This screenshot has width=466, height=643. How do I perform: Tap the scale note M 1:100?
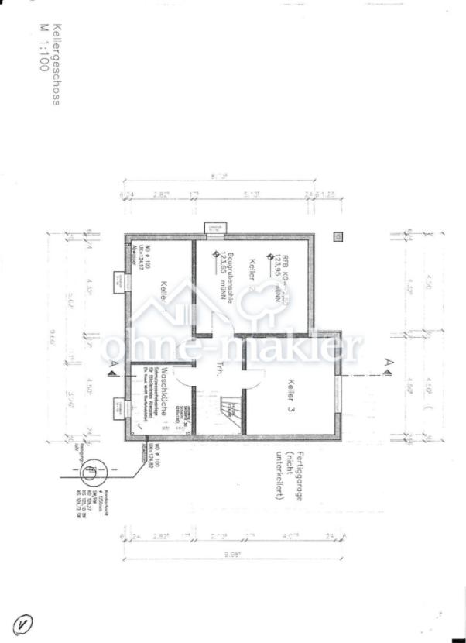tap(43, 47)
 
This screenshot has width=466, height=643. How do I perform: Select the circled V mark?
tap(23, 622)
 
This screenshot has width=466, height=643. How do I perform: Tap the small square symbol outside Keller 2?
tap(337, 236)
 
